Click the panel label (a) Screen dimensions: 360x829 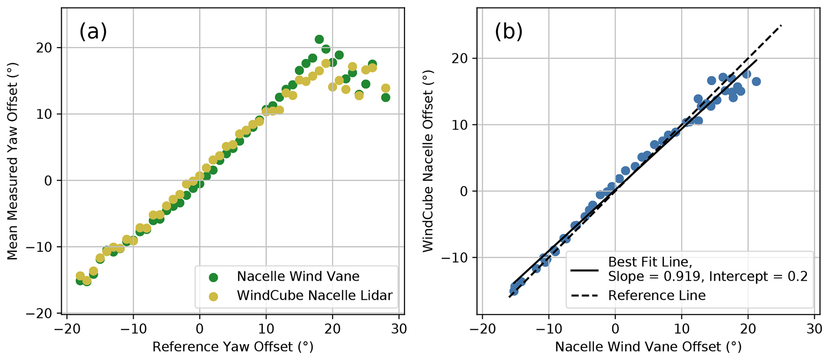(93, 32)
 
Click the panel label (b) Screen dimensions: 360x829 (509, 32)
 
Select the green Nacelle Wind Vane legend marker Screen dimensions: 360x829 (213, 277)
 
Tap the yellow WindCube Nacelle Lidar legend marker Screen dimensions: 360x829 (213, 296)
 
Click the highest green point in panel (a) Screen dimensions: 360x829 (319, 39)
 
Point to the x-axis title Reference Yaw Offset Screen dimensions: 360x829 (233, 347)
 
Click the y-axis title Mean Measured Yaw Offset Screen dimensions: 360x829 (12, 160)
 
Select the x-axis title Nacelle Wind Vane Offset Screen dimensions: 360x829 (648, 347)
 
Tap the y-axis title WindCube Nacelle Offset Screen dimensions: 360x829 (428, 160)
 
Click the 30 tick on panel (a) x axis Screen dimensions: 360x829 (399, 329)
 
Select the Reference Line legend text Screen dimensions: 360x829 (657, 296)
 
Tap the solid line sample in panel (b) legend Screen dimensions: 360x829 (584, 270)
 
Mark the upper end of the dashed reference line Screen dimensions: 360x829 (781, 26)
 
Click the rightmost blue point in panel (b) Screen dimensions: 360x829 (756, 81)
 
